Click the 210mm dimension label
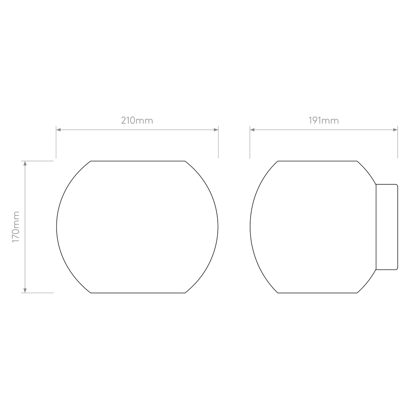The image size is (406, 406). tap(137, 121)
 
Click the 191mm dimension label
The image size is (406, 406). tap(324, 121)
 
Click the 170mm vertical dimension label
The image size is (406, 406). tap(16, 227)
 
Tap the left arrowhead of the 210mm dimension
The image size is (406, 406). tap(59, 130)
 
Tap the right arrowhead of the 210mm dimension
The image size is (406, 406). tap(216, 130)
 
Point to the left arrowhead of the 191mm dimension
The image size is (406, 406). tap(252, 130)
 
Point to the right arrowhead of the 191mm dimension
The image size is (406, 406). tap(395, 130)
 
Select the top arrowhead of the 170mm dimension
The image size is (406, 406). tap(25, 163)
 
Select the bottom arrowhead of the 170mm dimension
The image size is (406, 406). tap(25, 291)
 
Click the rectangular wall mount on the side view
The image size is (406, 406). tap(387, 227)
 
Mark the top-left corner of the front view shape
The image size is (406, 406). tap(91, 161)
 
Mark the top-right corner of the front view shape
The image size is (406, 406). tap(185, 161)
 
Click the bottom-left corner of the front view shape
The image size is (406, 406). tap(91, 293)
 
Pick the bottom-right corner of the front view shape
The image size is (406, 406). tap(185, 293)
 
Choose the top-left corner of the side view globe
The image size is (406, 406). tap(278, 161)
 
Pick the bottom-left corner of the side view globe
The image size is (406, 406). tap(278, 293)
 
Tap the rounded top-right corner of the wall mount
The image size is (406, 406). tap(397, 185)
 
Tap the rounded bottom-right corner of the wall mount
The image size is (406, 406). tap(397, 269)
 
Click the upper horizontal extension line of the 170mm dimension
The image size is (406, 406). tap(37, 161)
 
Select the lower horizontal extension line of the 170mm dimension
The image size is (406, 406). tap(37, 293)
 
